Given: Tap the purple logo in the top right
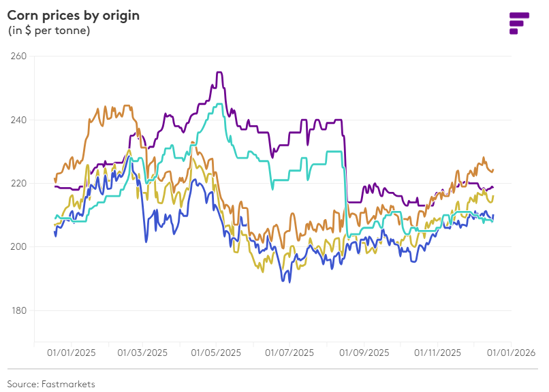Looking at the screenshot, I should pyautogui.click(x=519, y=22).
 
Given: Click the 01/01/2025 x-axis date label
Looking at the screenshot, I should pyautogui.click(x=72, y=353).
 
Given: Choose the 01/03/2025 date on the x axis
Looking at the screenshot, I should pyautogui.click(x=142, y=353).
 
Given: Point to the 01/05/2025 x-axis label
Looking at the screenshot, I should pyautogui.click(x=216, y=353).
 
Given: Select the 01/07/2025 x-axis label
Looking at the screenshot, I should pyautogui.click(x=289, y=353).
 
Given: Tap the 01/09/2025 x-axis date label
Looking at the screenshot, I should pyautogui.click(x=364, y=353).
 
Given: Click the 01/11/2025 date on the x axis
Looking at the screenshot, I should pyautogui.click(x=437, y=353).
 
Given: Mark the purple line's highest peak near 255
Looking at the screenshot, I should pyautogui.click(x=219, y=72).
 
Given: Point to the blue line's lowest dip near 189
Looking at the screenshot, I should pyautogui.click(x=289, y=281).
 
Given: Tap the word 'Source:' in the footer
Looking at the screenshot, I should pyautogui.click(x=22, y=384).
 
